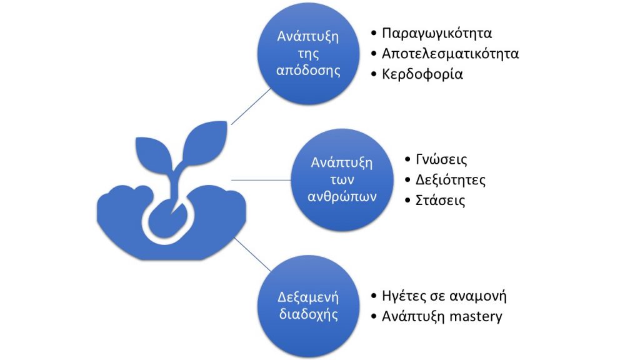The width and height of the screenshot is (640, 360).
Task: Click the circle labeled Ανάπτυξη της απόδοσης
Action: coord(308,54)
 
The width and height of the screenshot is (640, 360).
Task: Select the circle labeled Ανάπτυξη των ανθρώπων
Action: coord(342,179)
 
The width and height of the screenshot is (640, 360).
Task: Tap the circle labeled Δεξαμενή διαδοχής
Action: coord(308,306)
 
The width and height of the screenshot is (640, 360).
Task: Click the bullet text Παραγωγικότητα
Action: coord(437,34)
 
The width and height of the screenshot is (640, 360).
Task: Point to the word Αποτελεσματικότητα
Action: coord(450,54)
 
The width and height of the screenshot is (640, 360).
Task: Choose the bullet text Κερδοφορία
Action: coord(422,74)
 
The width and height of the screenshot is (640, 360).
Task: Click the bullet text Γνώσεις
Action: coord(441,159)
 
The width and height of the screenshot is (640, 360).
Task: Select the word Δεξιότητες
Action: coord(451,180)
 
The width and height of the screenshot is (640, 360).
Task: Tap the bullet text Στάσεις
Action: coord(441,201)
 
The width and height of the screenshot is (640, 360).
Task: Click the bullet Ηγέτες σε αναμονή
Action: coord(444,296)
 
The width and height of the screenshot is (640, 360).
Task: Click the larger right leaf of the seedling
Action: coord(204,143)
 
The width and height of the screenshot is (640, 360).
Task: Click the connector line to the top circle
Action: coord(251,106)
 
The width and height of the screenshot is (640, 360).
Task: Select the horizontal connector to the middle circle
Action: coord(261,180)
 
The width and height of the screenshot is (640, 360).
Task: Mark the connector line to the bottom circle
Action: coord(252,255)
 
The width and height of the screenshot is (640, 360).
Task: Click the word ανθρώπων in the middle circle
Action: coord(342,197)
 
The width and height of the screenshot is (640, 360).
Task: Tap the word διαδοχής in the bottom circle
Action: coord(308,315)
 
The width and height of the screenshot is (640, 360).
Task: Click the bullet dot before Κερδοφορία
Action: coord(374,74)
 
